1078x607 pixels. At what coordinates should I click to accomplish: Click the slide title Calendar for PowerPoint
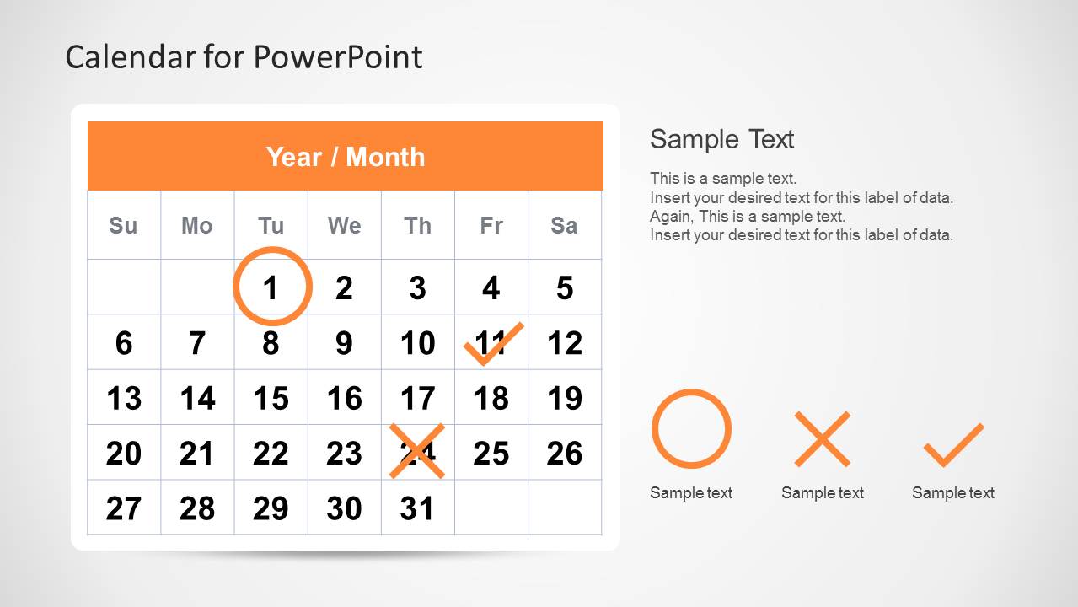[244, 57]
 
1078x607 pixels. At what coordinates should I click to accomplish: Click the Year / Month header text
[346, 157]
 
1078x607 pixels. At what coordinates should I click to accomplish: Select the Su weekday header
[123, 226]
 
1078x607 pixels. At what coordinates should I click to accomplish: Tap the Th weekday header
[417, 226]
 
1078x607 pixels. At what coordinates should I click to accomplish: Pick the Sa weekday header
[564, 226]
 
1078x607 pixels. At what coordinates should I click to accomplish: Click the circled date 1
[271, 287]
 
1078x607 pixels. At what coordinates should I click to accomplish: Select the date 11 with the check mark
[491, 343]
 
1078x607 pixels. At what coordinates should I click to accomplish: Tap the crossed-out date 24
[417, 453]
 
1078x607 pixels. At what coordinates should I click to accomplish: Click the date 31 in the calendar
[417, 508]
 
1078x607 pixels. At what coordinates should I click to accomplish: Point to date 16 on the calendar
[344, 398]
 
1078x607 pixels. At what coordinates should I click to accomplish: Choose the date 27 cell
[124, 508]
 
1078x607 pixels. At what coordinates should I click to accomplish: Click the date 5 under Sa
[565, 287]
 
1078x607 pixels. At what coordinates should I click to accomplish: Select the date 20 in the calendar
[124, 454]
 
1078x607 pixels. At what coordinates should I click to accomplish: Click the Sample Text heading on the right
[721, 139]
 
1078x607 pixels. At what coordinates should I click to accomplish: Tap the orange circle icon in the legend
[691, 428]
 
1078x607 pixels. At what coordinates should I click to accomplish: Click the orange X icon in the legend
[822, 439]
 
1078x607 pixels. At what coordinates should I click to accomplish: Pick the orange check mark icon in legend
[953, 444]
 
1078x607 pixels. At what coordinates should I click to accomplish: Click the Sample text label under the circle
[691, 493]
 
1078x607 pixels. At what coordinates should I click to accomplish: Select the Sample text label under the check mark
[953, 493]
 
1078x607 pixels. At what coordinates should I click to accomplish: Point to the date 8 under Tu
[271, 343]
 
